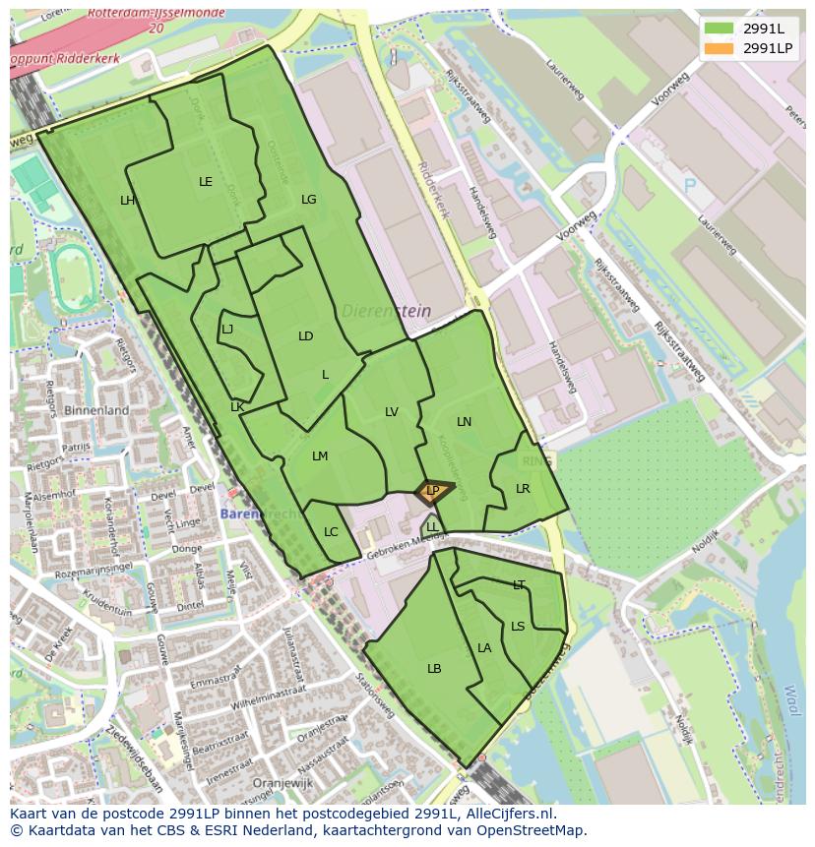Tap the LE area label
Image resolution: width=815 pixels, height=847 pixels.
206,182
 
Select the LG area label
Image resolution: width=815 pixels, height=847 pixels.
309,200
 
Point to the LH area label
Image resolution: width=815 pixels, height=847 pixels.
128,201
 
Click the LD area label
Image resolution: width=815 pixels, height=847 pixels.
306,336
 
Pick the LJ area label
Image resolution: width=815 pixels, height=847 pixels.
227,330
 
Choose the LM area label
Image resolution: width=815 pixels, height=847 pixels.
320,456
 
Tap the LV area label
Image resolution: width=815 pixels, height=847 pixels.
392,412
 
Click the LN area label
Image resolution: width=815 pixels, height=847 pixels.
465,422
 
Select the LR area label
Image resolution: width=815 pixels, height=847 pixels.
523,489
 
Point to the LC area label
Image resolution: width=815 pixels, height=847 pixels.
331,532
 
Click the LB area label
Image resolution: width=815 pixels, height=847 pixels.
434,669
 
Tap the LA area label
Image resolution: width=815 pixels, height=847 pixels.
484,648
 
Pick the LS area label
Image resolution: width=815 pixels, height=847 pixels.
518,627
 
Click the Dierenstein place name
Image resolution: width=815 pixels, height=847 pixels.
387,311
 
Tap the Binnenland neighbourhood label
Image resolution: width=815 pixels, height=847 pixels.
96,410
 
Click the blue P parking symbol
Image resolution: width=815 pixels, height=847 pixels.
690,185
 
